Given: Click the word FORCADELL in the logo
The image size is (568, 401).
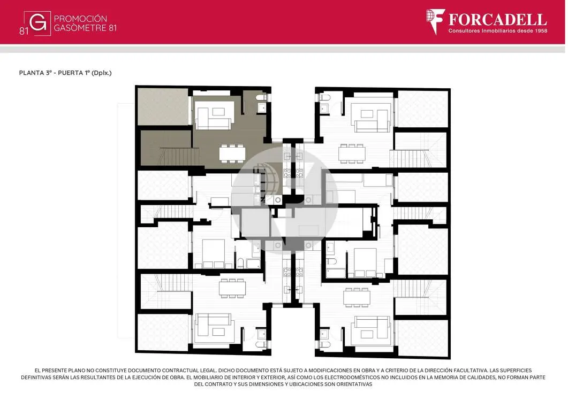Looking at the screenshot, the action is [x=497, y=19].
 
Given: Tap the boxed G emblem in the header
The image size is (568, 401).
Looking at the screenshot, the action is [x=37, y=23].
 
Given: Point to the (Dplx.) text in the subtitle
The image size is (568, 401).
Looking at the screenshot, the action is [x=101, y=73].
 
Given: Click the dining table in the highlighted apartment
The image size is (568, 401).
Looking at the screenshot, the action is [x=232, y=153].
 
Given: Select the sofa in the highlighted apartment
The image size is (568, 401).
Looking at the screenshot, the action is [x=214, y=115].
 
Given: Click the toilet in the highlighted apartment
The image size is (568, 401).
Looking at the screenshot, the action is [x=262, y=97].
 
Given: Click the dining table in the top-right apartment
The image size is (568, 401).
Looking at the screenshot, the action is [x=352, y=153].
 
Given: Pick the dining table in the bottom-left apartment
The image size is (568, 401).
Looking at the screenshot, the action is [x=232, y=288].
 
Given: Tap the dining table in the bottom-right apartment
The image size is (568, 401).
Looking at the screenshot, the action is [x=357, y=297].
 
